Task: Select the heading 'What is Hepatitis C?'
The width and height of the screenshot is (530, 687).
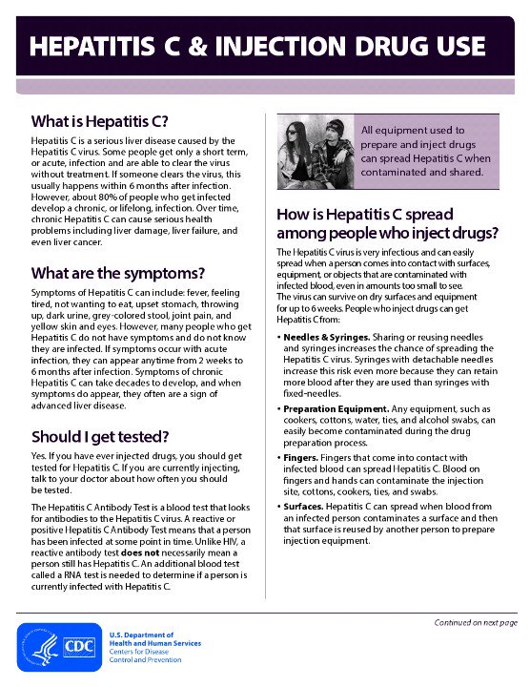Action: (99, 121)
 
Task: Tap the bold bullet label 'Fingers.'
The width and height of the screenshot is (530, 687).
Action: (304, 457)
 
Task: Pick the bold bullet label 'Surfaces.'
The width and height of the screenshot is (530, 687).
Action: (308, 505)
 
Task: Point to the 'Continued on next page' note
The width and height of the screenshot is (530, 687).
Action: (476, 622)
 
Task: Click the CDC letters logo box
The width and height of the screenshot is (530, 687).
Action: (78, 646)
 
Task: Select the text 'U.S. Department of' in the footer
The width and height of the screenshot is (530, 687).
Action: (141, 635)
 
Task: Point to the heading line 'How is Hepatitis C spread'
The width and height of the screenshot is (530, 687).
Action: (364, 214)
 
